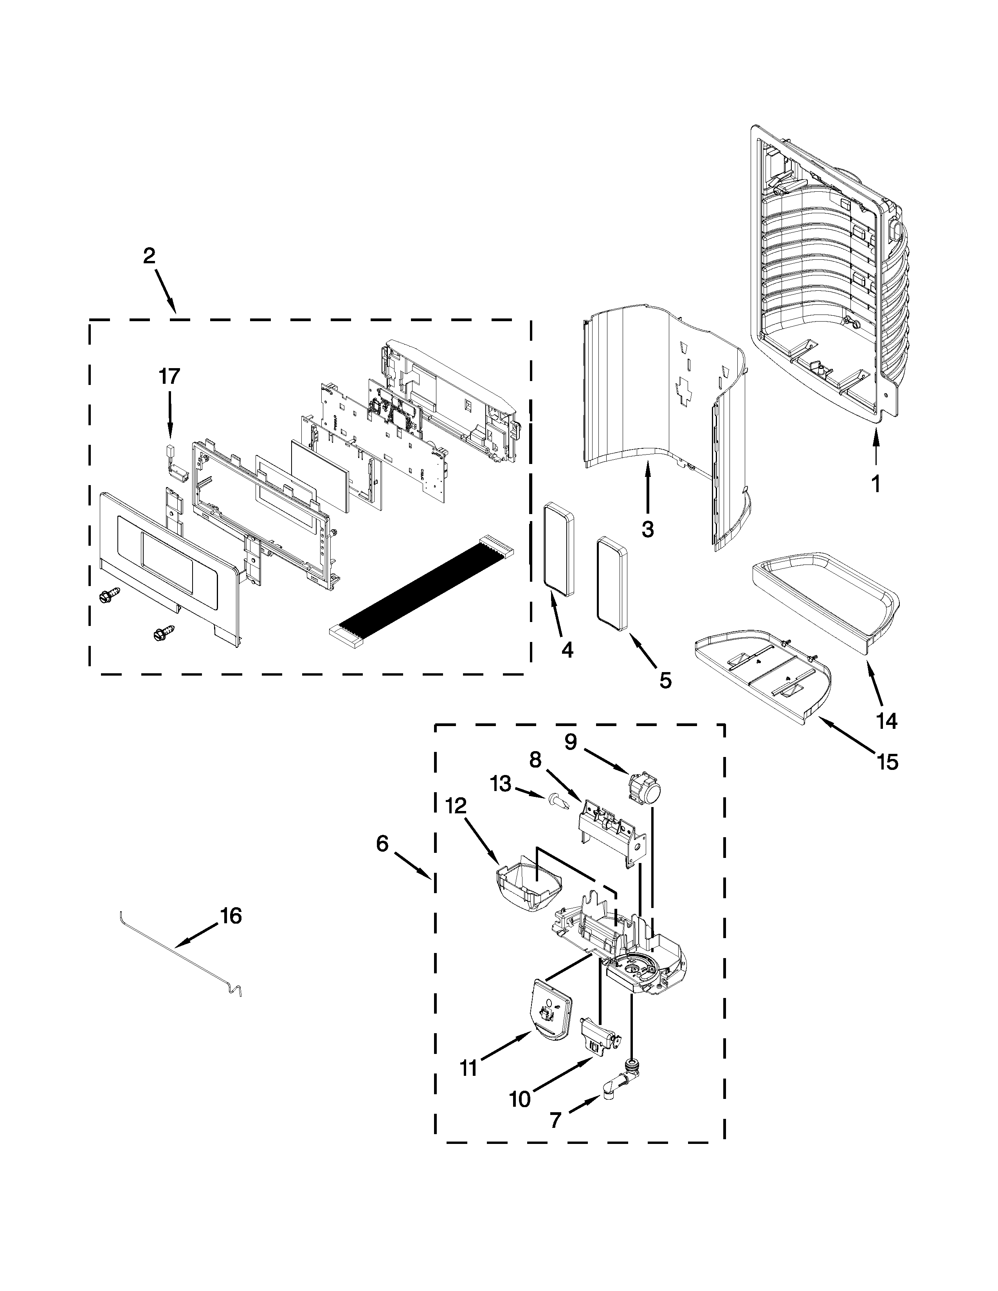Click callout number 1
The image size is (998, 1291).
click(876, 485)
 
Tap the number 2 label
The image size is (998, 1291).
click(149, 256)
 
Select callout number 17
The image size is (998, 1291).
click(169, 376)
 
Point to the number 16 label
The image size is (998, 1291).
click(231, 916)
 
